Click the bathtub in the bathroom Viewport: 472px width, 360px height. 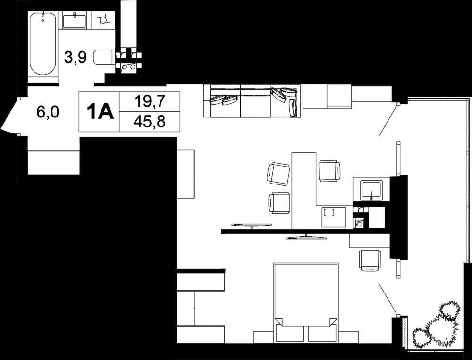point(43,43)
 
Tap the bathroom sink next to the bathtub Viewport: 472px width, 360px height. point(75,20)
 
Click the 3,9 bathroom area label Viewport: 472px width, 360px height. point(76,58)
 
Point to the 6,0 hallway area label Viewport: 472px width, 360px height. point(48,112)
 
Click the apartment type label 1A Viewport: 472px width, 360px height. point(100,111)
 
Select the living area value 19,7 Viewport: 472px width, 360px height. point(150,101)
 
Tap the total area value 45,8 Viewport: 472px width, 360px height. point(150,121)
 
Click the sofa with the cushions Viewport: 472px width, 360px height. point(252,101)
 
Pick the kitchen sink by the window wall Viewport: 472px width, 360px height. point(371,190)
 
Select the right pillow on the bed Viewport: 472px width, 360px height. point(322,333)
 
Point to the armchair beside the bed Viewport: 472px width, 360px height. point(370,260)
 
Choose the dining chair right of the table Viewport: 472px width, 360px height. point(329,171)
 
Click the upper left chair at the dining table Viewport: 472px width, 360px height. point(278,174)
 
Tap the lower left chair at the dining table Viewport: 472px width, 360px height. point(279,203)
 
